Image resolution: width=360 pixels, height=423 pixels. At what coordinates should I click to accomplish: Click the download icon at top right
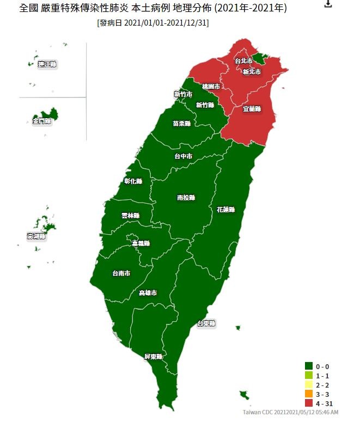[328, 4]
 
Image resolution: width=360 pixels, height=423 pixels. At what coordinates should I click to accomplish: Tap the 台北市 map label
[243, 60]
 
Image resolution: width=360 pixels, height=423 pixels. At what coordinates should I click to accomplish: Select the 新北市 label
[252, 72]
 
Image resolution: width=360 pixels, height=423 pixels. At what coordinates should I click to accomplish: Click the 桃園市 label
[211, 87]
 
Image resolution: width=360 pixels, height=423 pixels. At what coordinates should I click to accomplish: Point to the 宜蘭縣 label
[252, 109]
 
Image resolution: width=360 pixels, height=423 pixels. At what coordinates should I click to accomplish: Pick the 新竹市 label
[182, 94]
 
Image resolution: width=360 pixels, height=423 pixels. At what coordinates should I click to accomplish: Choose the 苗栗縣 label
[182, 124]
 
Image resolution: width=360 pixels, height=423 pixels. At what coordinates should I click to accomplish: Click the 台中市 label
[183, 156]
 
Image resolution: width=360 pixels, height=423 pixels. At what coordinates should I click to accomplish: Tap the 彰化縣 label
[133, 181]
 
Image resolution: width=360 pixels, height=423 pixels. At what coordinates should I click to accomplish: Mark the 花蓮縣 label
[225, 209]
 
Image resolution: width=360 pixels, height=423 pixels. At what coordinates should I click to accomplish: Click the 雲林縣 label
[130, 216]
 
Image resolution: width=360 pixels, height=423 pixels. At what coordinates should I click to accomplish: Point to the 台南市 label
[121, 273]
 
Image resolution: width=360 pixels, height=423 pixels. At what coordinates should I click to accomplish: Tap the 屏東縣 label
[153, 357]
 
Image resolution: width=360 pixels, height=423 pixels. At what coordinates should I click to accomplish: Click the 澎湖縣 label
[36, 236]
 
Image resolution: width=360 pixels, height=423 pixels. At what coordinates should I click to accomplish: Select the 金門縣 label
[41, 121]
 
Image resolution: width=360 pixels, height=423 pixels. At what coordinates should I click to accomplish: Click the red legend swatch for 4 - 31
[309, 403]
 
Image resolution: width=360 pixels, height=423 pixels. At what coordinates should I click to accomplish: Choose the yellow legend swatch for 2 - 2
[309, 385]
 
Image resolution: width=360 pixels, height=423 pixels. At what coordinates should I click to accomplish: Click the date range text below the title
[152, 23]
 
